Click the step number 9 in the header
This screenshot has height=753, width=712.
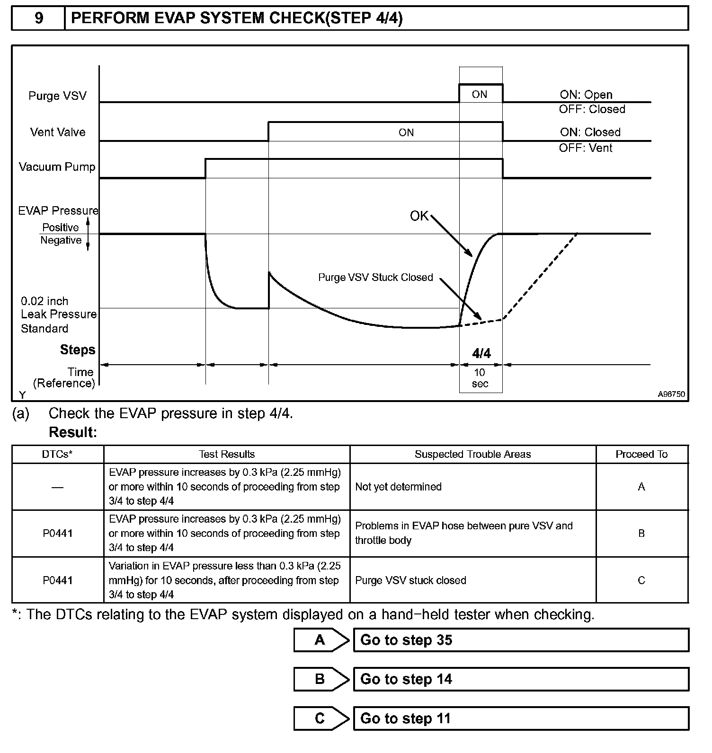[39, 18]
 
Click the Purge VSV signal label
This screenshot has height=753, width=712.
[57, 96]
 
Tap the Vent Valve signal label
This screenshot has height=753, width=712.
[58, 132]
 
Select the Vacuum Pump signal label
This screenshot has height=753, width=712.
[57, 167]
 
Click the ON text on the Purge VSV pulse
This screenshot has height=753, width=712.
[480, 95]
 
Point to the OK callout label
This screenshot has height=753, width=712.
[419, 216]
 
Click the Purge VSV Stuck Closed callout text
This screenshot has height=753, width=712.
[375, 278]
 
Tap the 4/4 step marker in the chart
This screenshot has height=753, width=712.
[481, 353]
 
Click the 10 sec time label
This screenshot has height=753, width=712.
[480, 378]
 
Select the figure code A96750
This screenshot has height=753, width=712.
[671, 394]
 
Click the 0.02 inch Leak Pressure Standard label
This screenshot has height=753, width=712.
[58, 315]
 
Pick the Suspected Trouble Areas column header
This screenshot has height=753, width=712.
[472, 455]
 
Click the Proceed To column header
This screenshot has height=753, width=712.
[641, 455]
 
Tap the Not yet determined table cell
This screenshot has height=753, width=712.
[398, 487]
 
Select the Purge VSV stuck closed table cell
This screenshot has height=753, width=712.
[410, 580]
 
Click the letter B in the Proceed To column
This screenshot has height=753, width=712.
[641, 534]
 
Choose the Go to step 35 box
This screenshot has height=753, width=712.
[521, 640]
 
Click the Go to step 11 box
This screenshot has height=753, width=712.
[521, 719]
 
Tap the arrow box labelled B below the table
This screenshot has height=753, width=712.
[320, 680]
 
